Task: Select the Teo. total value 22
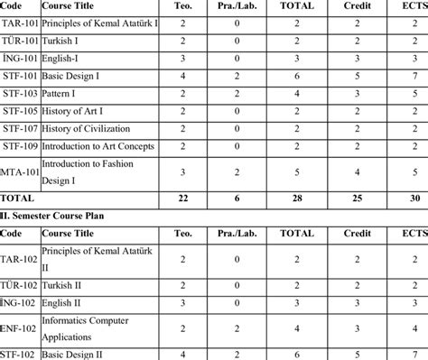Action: point(182,196)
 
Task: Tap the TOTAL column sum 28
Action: point(296,196)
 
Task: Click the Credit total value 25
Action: point(358,196)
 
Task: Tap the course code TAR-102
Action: point(19,261)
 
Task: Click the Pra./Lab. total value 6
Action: point(237,196)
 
